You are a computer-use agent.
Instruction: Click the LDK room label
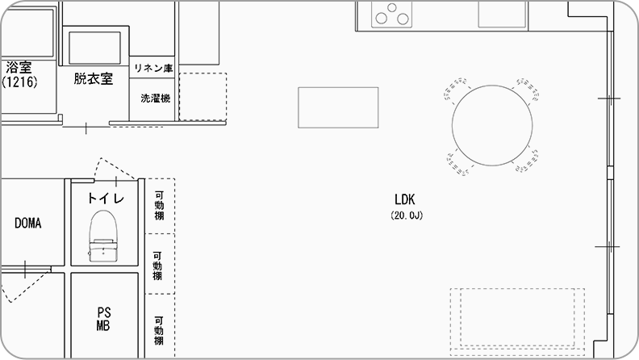tap(405, 199)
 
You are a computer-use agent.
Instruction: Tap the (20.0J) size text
tap(407, 216)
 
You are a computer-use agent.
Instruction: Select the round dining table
tap(492, 125)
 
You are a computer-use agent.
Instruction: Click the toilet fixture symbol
tap(103, 236)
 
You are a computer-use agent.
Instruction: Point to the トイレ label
tap(106, 198)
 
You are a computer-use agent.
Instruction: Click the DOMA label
tap(27, 223)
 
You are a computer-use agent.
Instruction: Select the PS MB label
tap(103, 319)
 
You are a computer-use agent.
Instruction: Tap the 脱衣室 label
tap(94, 78)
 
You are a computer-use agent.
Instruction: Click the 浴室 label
tap(19, 67)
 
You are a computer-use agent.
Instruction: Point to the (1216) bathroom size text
tap(19, 82)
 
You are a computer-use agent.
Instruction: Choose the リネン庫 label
tap(153, 68)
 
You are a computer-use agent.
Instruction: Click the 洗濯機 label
tap(155, 98)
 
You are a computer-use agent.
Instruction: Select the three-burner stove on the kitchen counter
tap(391, 15)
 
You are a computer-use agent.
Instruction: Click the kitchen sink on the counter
tap(502, 15)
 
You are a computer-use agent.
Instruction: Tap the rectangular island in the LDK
tap(338, 107)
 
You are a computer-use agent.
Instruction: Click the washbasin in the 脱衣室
tap(94, 48)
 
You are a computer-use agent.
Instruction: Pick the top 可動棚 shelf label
tap(159, 206)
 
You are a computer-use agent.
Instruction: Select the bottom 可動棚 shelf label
tap(159, 331)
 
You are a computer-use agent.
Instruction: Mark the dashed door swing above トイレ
tap(115, 169)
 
